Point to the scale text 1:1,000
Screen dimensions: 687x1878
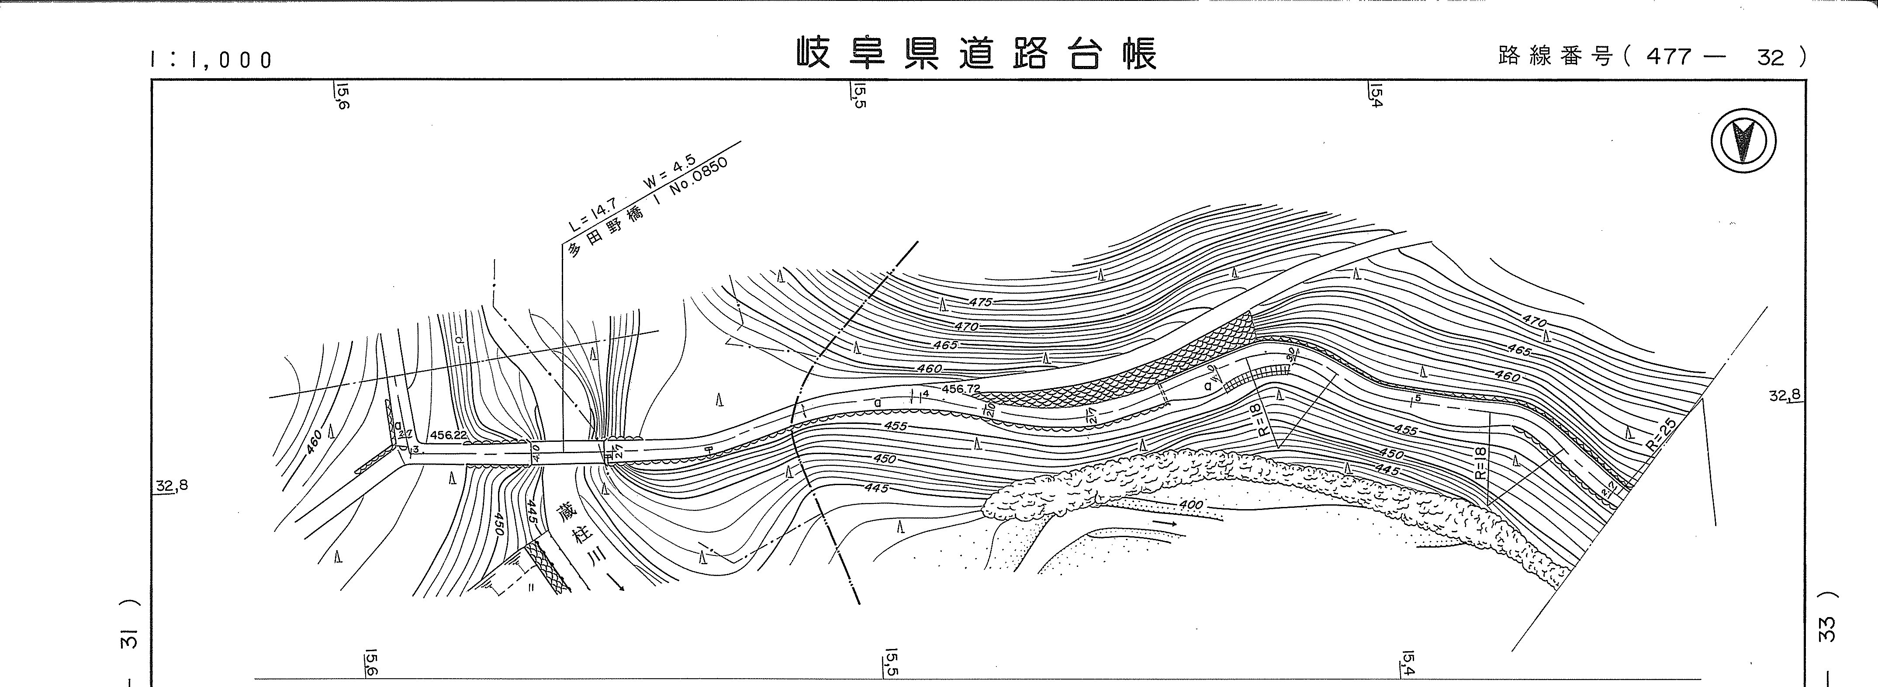point(211,59)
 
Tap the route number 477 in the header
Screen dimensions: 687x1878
point(1667,56)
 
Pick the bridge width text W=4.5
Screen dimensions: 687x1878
point(669,172)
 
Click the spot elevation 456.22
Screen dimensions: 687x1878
point(448,435)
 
